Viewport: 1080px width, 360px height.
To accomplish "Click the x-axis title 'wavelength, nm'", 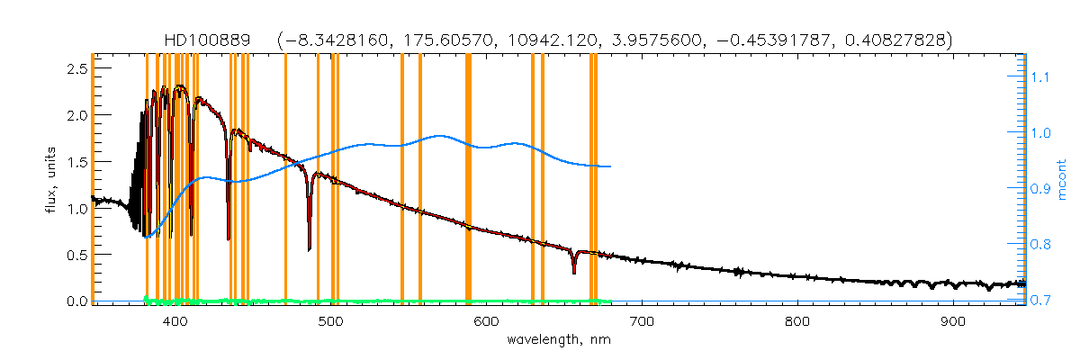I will [x=559, y=340].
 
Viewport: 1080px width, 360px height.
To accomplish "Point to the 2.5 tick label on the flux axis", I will [x=77, y=69].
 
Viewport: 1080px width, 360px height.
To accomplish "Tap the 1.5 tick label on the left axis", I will [x=77, y=162].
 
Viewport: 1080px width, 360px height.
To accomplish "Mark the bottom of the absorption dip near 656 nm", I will [x=574, y=272].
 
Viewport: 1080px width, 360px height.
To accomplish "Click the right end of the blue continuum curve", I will [x=611, y=166].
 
